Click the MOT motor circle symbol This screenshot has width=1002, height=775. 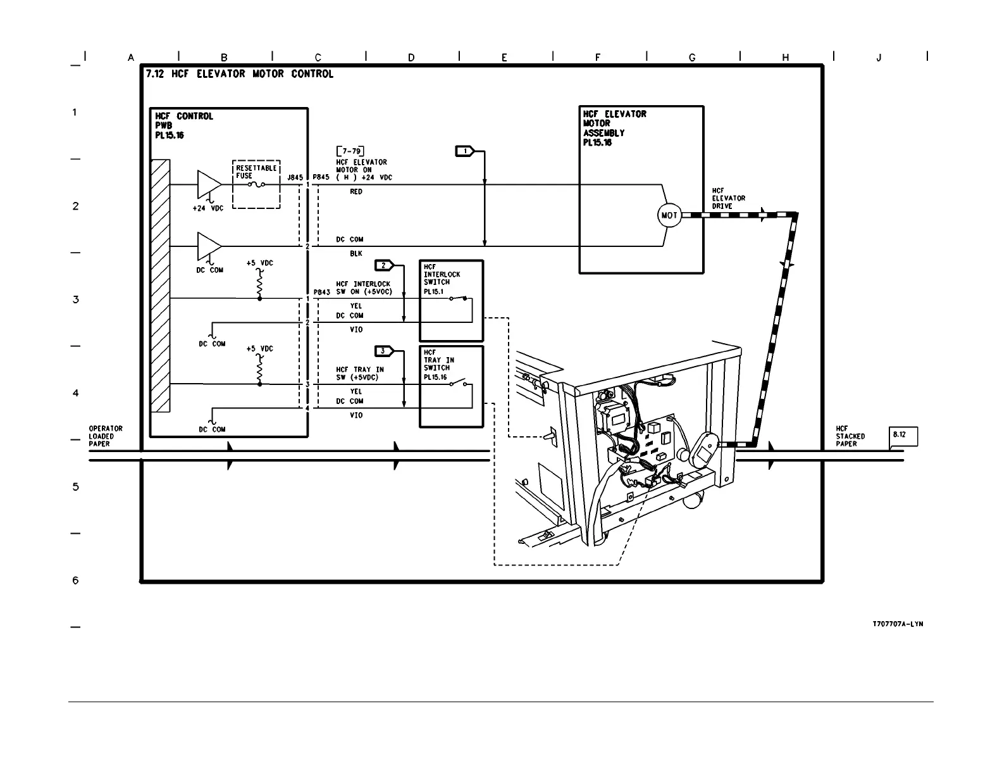[x=669, y=215]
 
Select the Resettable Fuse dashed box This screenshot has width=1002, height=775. [x=256, y=184]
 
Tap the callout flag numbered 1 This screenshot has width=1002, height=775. [x=465, y=151]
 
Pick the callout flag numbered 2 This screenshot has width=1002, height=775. [x=384, y=265]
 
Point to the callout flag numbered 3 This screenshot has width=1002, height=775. [x=384, y=351]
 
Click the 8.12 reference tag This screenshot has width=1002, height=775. [x=903, y=436]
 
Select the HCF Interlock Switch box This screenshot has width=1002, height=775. [x=451, y=301]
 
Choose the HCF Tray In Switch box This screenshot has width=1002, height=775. [x=451, y=386]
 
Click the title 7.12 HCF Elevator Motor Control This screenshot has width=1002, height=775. [x=239, y=74]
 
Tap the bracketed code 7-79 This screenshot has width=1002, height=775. [x=350, y=152]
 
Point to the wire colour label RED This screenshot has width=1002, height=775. [x=356, y=192]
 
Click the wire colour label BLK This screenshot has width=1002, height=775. [x=356, y=254]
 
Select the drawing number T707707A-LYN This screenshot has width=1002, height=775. [x=898, y=624]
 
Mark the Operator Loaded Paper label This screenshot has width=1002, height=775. [x=106, y=436]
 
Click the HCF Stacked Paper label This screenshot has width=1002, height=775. [x=850, y=436]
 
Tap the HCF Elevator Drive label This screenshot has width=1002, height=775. [x=728, y=198]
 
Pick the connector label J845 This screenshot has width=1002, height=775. [x=295, y=178]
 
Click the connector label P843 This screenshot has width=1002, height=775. [x=321, y=293]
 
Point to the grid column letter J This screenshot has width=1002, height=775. [x=879, y=58]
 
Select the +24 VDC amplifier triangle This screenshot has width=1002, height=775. [x=209, y=184]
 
